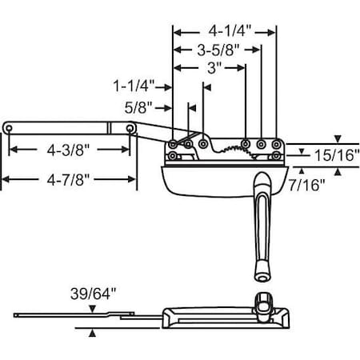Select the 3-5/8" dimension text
(217, 50)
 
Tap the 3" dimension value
(213, 68)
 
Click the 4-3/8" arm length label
(69, 149)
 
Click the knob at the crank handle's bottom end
(262, 275)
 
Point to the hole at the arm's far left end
(8, 127)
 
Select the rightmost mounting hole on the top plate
(276, 145)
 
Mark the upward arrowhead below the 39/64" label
(94, 332)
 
